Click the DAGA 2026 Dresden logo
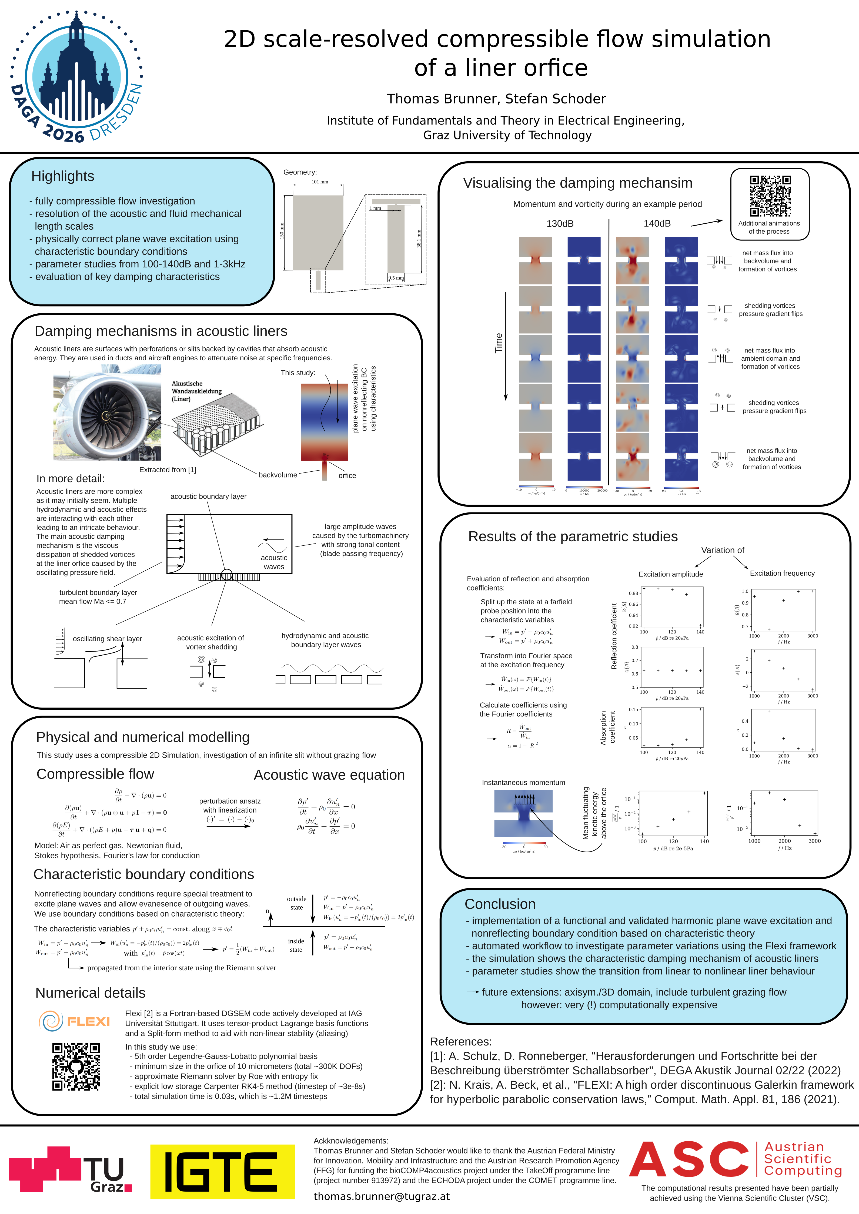pyautogui.click(x=77, y=77)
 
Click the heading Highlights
pyautogui.click(x=62, y=176)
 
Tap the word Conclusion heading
pyautogui.click(x=500, y=904)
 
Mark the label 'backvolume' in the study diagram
pyautogui.click(x=278, y=475)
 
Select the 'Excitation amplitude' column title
pyautogui.click(x=671, y=574)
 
